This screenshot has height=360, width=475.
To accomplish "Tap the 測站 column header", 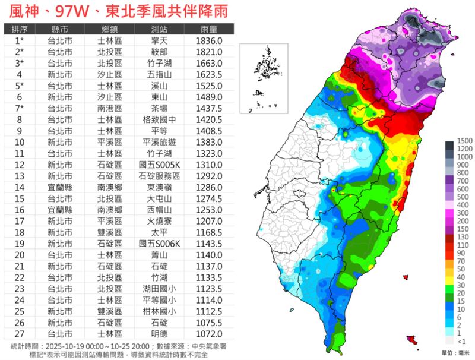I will pos(159,29).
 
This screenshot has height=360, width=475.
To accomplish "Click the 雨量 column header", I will pos(208,29).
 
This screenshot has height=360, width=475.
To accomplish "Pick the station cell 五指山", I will pos(159,74).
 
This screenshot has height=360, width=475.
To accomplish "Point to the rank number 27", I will pos(18,334).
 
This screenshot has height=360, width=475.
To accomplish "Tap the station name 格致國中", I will pos(159,119).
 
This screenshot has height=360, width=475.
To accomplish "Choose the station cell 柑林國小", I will pos(159,311).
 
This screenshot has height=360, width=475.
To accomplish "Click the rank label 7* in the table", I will pos(18,108).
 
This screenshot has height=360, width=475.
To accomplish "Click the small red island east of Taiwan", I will pos(406,277).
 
